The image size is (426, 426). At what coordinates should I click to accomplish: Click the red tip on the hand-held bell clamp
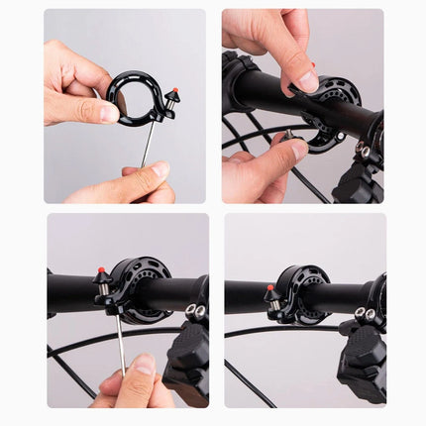tap(175, 92)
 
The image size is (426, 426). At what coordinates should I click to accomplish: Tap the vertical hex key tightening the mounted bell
tap(120, 337)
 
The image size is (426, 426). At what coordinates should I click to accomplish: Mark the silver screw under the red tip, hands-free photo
tap(271, 305)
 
